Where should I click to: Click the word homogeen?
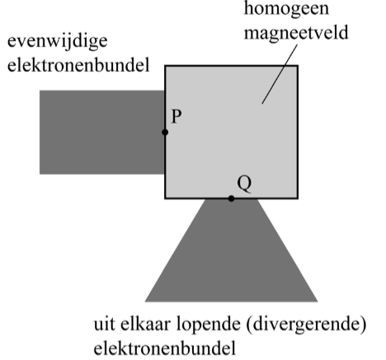pyautogui.click(x=286, y=9)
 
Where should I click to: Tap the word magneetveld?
pyautogui.click(x=296, y=32)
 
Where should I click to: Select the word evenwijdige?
pyautogui.click(x=57, y=42)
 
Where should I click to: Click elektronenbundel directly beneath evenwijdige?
pyautogui.click(x=78, y=65)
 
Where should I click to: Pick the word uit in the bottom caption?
pyautogui.click(x=105, y=325)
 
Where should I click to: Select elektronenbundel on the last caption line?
pyautogui.click(x=165, y=348)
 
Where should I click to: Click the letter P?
pyautogui.click(x=177, y=116)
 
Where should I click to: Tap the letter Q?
pyautogui.click(x=244, y=184)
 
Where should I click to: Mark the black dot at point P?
pyautogui.click(x=165, y=133)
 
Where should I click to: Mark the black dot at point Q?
pyautogui.click(x=231, y=199)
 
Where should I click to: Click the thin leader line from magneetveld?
pyautogui.click(x=280, y=74)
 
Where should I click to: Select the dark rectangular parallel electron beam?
pyautogui.click(x=102, y=132)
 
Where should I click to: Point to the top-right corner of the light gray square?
pyautogui.click(x=298, y=66)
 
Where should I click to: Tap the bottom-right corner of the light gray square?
pyautogui.click(x=298, y=199)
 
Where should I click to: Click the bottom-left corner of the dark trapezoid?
pyautogui.click(x=145, y=302)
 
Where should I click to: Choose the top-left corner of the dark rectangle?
pyautogui.click(x=40, y=91)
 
